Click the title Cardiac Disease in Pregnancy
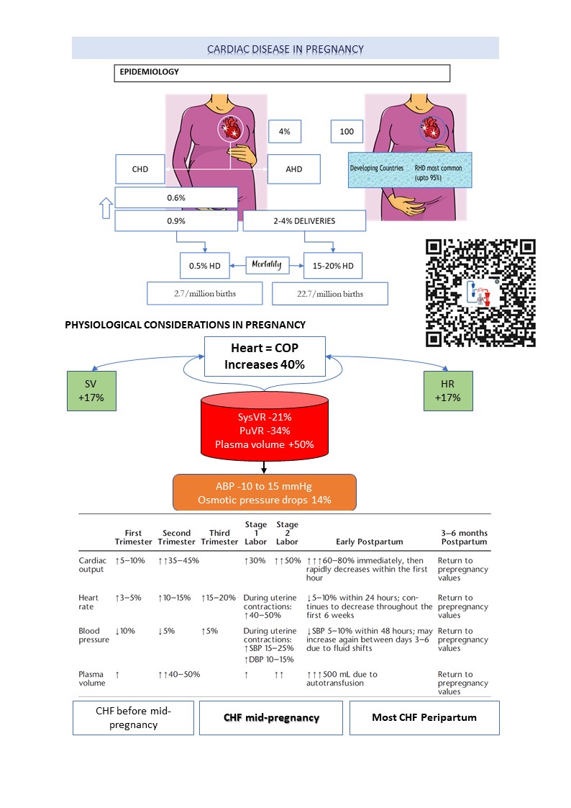pos(285,49)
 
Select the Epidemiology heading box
pos(282,73)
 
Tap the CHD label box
pos(140,169)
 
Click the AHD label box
pos(293,169)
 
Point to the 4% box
pos(284,132)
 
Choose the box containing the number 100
pos(347,132)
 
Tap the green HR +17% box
pos(447,391)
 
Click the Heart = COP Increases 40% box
pos(265,356)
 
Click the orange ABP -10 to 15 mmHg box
pos(265,492)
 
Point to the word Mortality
pos(267,265)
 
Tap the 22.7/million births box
pos(330,294)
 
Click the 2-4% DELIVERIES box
pos(304,221)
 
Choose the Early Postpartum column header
pos(369,542)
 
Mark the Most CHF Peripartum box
pos(424,717)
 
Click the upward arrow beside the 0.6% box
pos(103,208)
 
